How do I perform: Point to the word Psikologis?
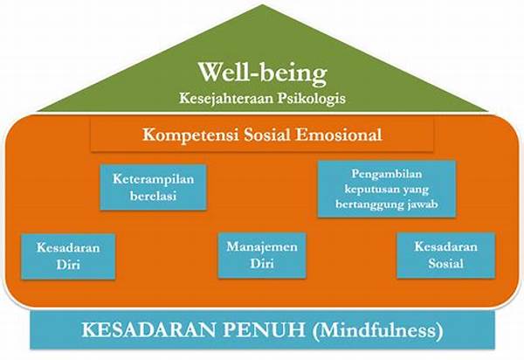coord(307,98)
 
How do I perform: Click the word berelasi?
coord(151,196)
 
